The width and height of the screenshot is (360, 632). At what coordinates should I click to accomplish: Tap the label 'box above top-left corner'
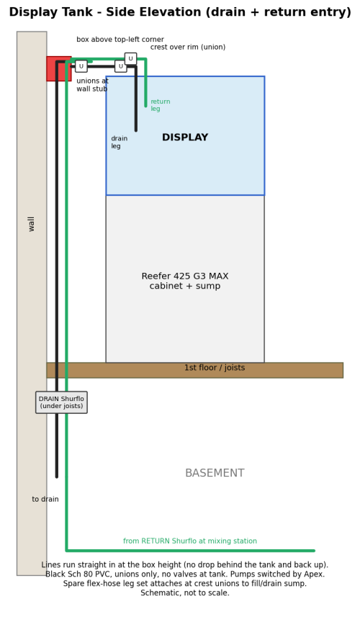(120, 40)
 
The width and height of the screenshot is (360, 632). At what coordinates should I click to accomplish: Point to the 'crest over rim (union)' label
(188, 48)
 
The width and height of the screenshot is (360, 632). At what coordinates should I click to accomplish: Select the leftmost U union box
(81, 66)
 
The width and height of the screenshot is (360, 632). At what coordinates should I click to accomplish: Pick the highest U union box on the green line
(130, 58)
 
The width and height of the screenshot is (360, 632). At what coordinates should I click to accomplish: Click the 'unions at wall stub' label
(92, 85)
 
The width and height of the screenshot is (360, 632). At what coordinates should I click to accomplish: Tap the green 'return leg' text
(161, 105)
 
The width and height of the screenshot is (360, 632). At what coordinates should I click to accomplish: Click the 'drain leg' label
(120, 143)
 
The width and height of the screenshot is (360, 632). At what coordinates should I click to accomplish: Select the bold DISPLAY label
(185, 137)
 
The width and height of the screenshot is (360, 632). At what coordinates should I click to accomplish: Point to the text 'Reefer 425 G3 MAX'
(185, 276)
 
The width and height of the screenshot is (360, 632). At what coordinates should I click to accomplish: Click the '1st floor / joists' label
(215, 368)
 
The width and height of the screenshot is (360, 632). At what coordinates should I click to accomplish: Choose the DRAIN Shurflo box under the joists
(61, 402)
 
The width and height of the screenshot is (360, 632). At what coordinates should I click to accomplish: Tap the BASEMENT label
(215, 473)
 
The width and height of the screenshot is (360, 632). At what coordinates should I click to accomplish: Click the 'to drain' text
(45, 500)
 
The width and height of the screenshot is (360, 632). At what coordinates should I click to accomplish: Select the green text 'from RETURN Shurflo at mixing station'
(190, 541)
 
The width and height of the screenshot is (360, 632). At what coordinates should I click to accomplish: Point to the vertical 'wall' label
(32, 224)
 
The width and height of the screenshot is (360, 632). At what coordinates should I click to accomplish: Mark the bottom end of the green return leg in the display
(146, 106)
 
